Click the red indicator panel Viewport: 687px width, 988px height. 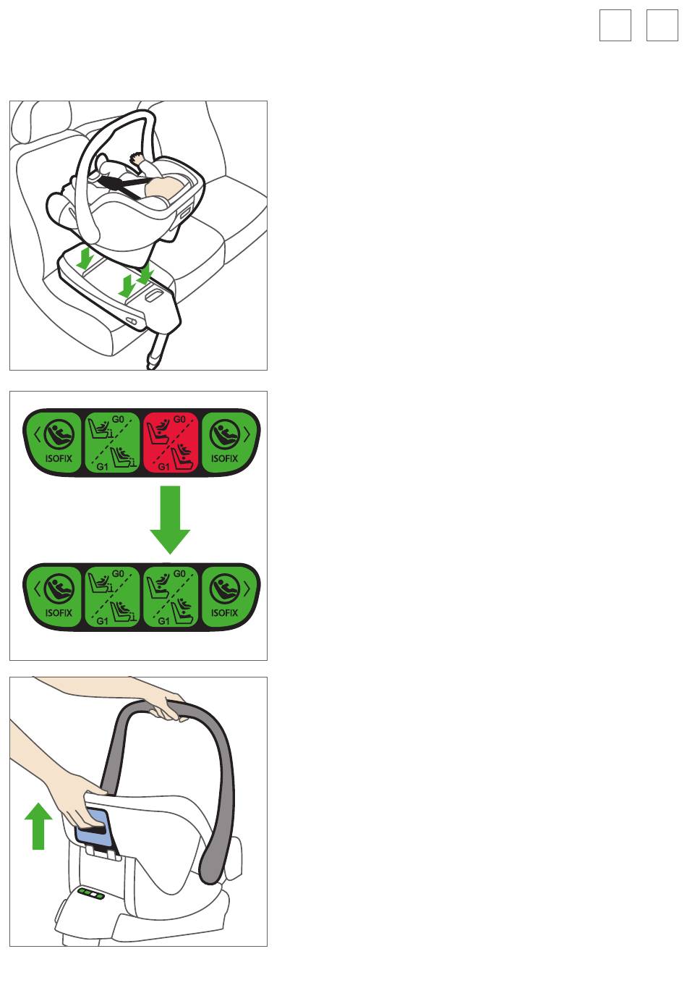pyautogui.click(x=170, y=442)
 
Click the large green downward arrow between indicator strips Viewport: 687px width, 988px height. pyautogui.click(x=170, y=520)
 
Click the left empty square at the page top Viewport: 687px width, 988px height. pyautogui.click(x=615, y=25)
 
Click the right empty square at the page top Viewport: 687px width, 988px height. pyautogui.click(x=662, y=25)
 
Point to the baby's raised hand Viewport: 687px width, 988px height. pyautogui.click(x=137, y=158)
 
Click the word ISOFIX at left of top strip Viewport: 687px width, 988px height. pyautogui.click(x=59, y=458)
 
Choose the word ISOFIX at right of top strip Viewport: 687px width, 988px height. pyautogui.click(x=224, y=458)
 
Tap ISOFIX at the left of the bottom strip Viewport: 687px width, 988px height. pyautogui.click(x=59, y=612)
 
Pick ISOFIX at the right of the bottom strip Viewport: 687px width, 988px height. pyautogui.click(x=224, y=612)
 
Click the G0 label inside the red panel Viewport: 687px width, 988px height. pyautogui.click(x=179, y=420)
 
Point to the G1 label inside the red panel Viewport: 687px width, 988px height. pyautogui.click(x=164, y=467)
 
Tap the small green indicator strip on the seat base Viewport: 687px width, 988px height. pyautogui.click(x=91, y=894)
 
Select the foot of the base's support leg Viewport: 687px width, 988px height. pyautogui.click(x=153, y=363)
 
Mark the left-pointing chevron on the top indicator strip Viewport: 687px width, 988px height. pyautogui.click(x=37, y=434)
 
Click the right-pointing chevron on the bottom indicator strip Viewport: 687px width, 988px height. pyautogui.click(x=247, y=589)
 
